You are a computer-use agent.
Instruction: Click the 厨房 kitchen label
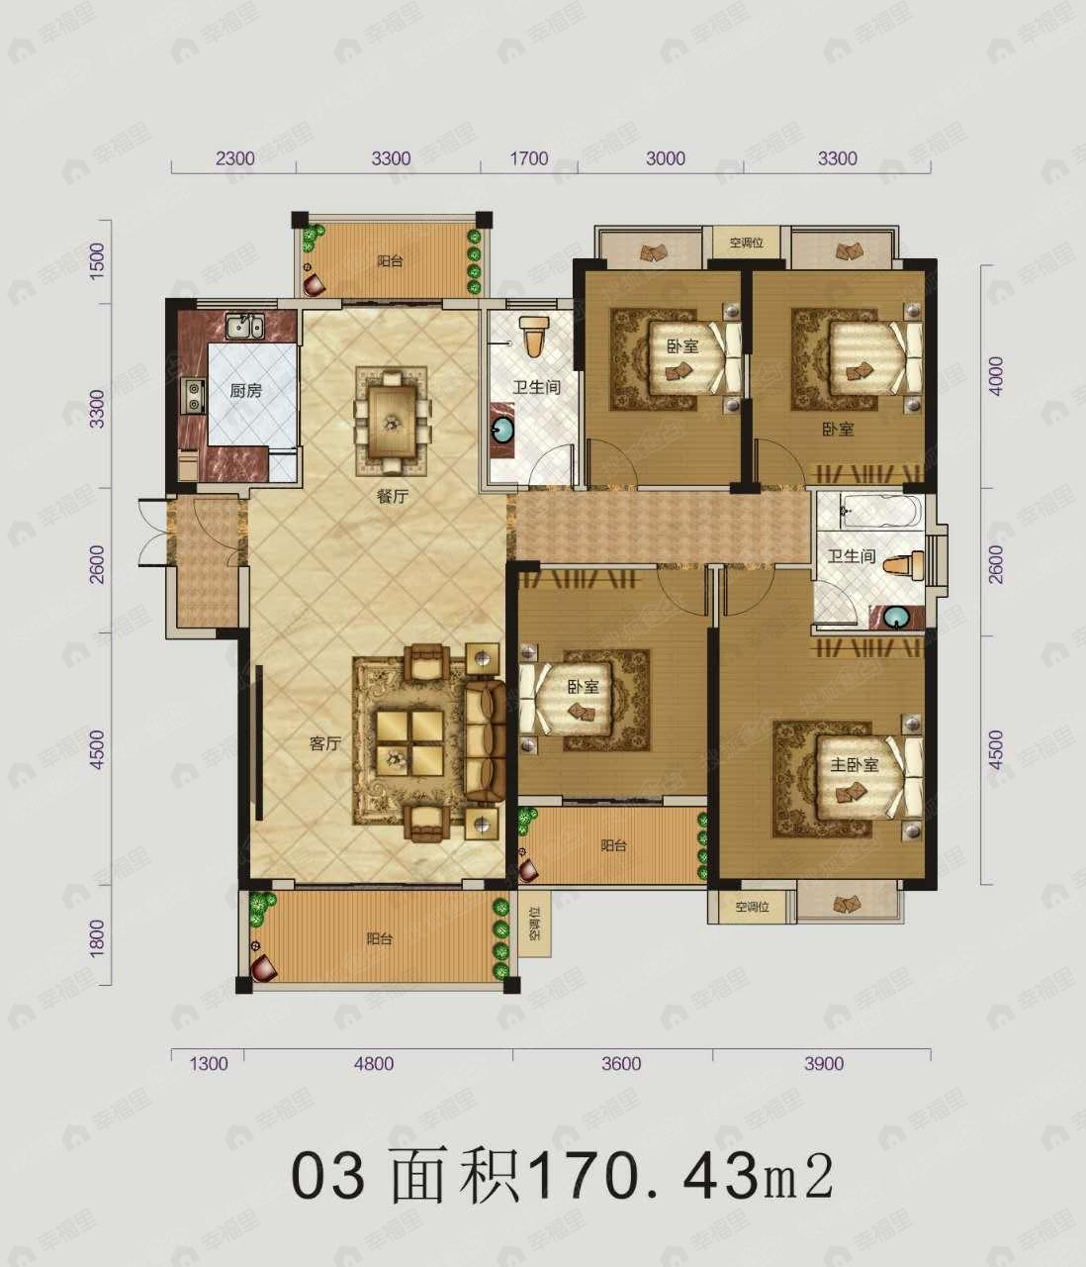pyautogui.click(x=245, y=391)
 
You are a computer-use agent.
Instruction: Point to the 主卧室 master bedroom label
pyautogui.click(x=854, y=765)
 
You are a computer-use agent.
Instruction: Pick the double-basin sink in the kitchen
pyautogui.click(x=243, y=326)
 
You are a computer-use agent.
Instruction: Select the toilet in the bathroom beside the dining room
pyautogui.click(x=534, y=337)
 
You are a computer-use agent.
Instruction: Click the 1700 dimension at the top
pyautogui.click(x=529, y=158)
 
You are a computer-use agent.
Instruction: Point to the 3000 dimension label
pyautogui.click(x=665, y=158)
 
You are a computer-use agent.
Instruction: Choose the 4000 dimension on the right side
pyautogui.click(x=996, y=376)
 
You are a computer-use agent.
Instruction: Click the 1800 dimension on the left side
pyautogui.click(x=97, y=937)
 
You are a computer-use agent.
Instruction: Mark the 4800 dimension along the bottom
pyautogui.click(x=374, y=1064)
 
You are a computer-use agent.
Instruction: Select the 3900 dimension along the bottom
pyautogui.click(x=824, y=1064)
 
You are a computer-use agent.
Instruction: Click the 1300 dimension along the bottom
pyautogui.click(x=208, y=1064)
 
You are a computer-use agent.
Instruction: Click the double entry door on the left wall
pyautogui.click(x=150, y=532)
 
